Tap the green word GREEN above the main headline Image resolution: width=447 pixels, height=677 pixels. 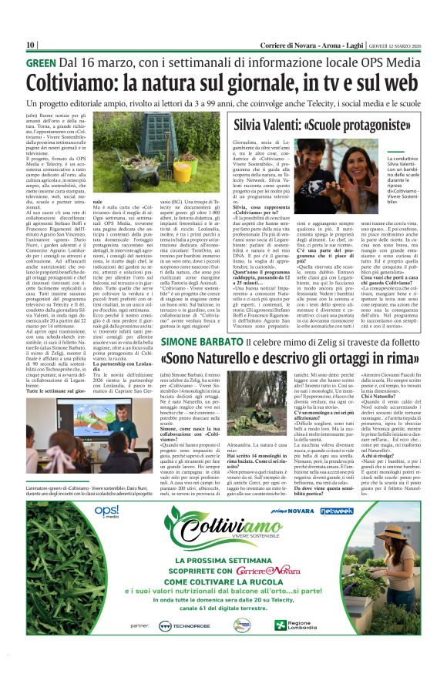coord(41,62)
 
